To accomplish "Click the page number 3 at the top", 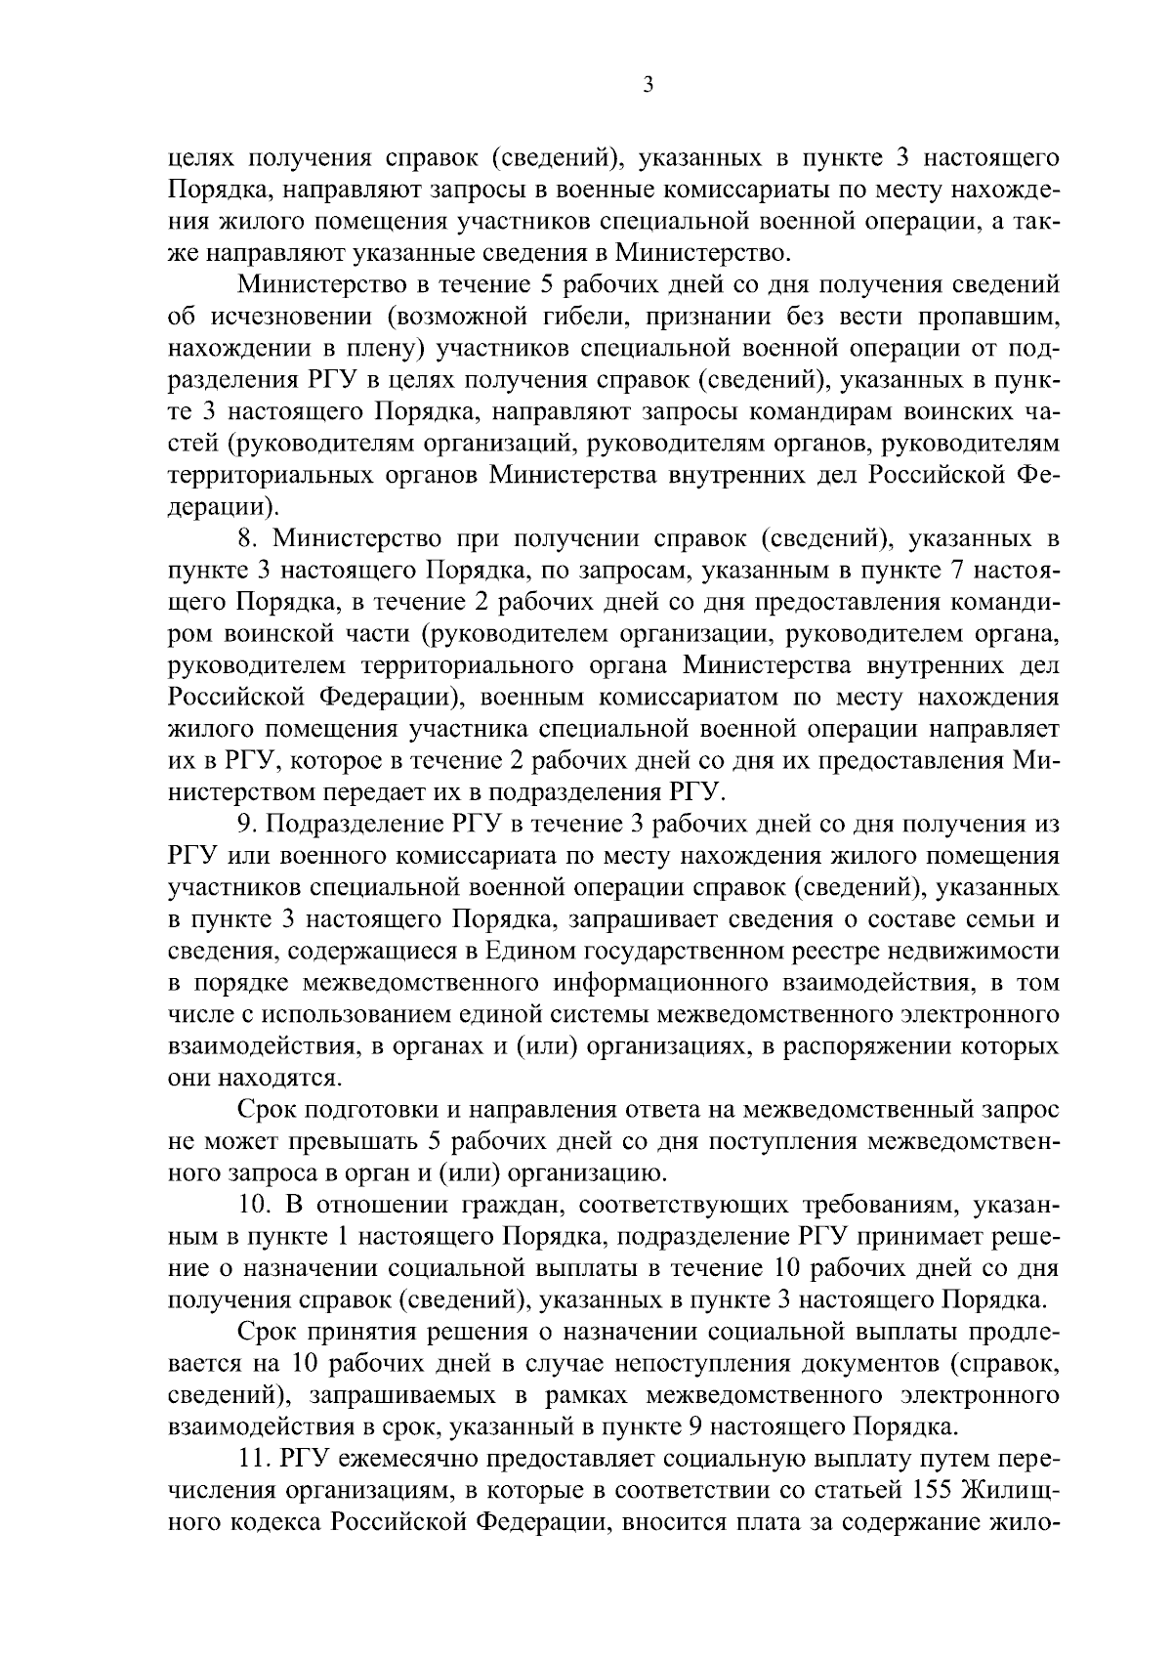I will (649, 86).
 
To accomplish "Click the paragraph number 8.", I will (247, 538).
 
